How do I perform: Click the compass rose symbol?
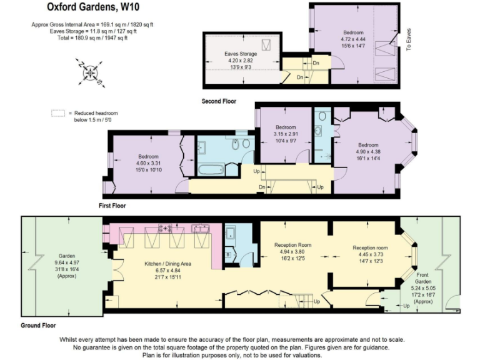pyautogui.click(x=91, y=74)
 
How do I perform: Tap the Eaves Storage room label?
pyautogui.click(x=241, y=54)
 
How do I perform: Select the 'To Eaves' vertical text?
pyautogui.click(x=409, y=38)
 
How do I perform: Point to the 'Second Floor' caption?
pyautogui.click(x=219, y=101)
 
